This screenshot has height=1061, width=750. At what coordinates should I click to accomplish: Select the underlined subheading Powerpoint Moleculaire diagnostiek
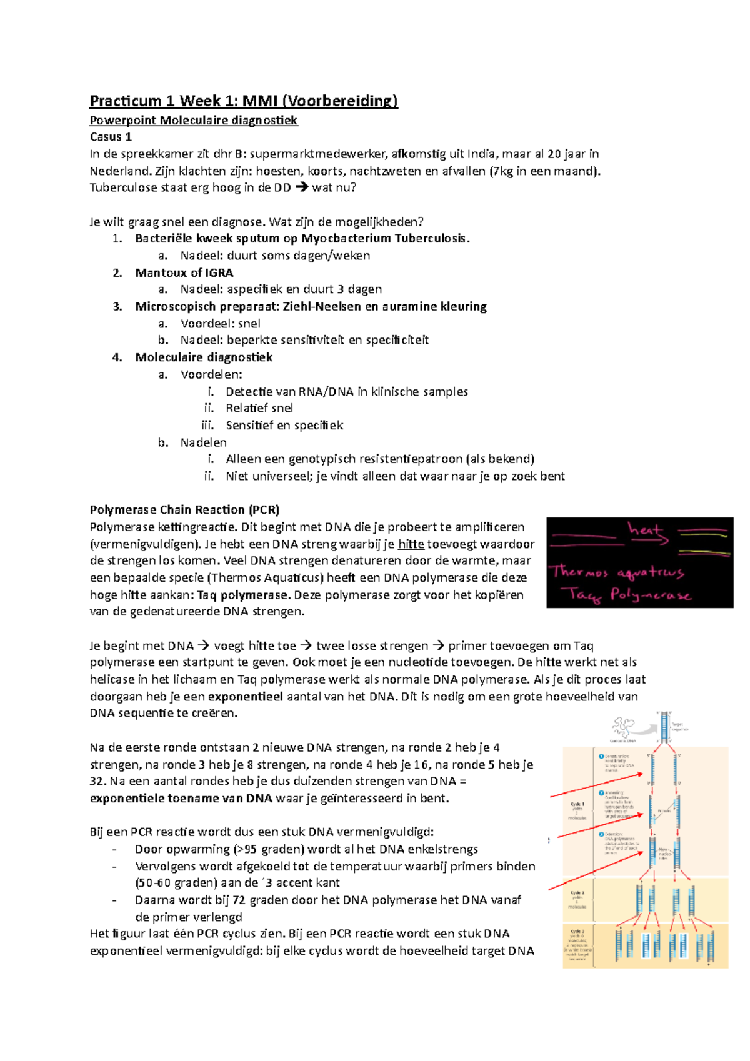194,121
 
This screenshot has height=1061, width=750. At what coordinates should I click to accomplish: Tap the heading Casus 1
111,137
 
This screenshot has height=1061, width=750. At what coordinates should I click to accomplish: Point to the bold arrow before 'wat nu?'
301,187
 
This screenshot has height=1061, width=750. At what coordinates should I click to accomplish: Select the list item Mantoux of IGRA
184,272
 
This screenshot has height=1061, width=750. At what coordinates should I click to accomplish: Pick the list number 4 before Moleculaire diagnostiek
117,357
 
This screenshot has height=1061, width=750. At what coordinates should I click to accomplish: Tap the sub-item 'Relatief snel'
259,408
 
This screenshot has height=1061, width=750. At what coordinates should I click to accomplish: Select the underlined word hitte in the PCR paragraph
411,544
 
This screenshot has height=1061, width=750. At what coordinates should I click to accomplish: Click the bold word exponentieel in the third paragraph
245,697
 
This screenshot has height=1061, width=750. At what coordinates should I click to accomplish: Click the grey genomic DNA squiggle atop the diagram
623,727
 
